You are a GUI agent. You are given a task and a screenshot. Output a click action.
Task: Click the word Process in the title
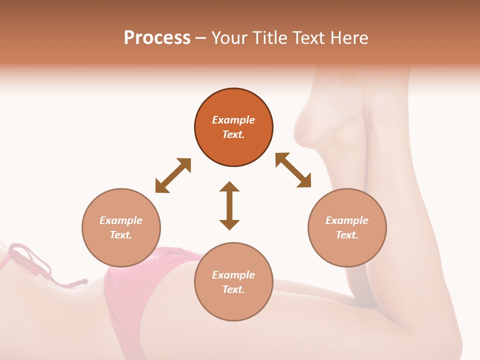click(x=157, y=38)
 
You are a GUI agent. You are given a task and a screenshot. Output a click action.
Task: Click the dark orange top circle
click(x=233, y=127)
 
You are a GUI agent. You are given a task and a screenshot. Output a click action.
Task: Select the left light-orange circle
click(x=121, y=227)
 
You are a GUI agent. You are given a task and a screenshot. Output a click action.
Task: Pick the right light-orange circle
click(x=347, y=227)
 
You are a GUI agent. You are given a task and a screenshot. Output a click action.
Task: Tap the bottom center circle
click(x=233, y=281)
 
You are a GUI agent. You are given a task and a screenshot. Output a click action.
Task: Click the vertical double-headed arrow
click(x=229, y=205)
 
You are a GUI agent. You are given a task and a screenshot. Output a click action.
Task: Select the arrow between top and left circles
click(x=173, y=175)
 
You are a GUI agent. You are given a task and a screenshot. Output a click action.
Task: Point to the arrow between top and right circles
click(x=293, y=170)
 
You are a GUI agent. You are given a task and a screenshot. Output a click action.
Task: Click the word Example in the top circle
click(x=233, y=120)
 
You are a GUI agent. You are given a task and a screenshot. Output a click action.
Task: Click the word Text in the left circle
click(x=121, y=235)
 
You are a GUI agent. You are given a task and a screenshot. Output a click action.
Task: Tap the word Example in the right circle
click(x=347, y=220)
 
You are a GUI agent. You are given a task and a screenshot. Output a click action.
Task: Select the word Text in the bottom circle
click(x=233, y=289)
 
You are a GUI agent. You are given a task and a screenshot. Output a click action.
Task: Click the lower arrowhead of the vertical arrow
click(x=229, y=223)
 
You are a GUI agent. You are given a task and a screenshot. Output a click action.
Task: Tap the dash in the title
click(x=201, y=38)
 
